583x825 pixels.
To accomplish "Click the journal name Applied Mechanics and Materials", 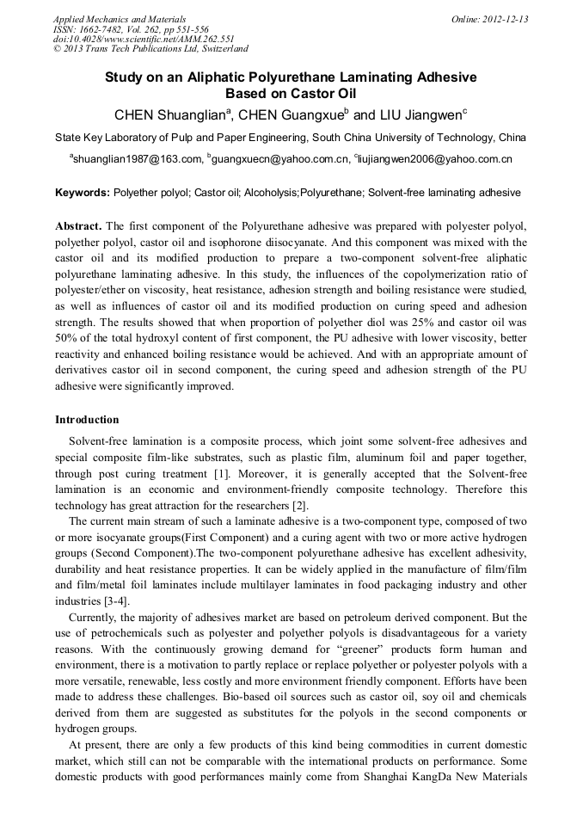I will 119,18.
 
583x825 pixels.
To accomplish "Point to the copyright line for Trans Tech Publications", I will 150,49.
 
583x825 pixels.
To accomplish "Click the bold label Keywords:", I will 83,194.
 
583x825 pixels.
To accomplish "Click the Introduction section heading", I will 87,420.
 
